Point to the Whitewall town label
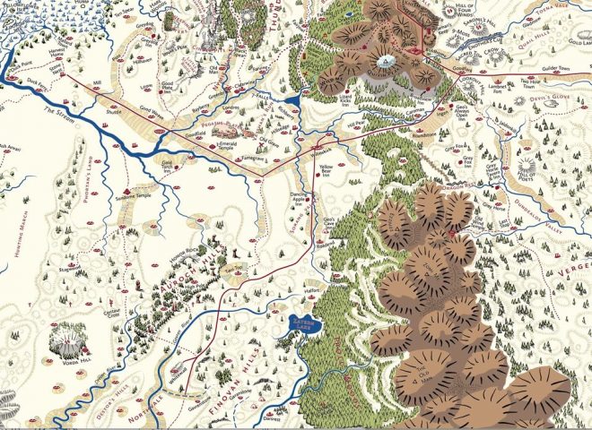(190, 367)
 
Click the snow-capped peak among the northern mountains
(387, 62)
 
